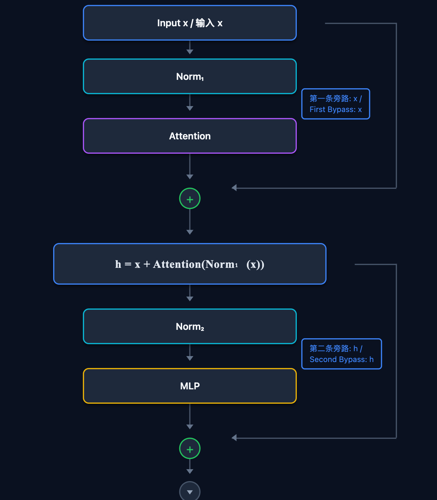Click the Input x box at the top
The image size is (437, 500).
(x=189, y=23)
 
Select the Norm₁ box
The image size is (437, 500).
(x=189, y=76)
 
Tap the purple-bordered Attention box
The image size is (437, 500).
(x=189, y=136)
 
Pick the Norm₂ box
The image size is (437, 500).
(x=189, y=326)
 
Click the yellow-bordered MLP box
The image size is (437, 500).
(x=189, y=386)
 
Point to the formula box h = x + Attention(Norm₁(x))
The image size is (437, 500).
(x=189, y=264)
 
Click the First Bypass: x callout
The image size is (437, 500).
(x=336, y=104)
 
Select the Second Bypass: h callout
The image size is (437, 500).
(x=341, y=354)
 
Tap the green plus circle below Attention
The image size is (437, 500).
(x=189, y=199)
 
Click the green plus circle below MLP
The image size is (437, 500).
(x=189, y=449)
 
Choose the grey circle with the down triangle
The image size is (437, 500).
(x=189, y=491)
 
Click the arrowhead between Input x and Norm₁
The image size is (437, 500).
(x=189, y=51)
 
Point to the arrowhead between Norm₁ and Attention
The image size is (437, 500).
(x=189, y=108)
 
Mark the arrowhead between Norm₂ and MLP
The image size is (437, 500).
(x=189, y=358)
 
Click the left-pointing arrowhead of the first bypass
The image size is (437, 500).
(x=234, y=188)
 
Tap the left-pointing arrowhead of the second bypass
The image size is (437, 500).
(x=234, y=438)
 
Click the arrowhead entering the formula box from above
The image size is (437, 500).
(x=189, y=232)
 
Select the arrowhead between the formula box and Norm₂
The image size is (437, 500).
(x=189, y=299)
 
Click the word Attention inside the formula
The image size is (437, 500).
(x=177, y=264)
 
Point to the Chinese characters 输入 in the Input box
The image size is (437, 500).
(x=205, y=23)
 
